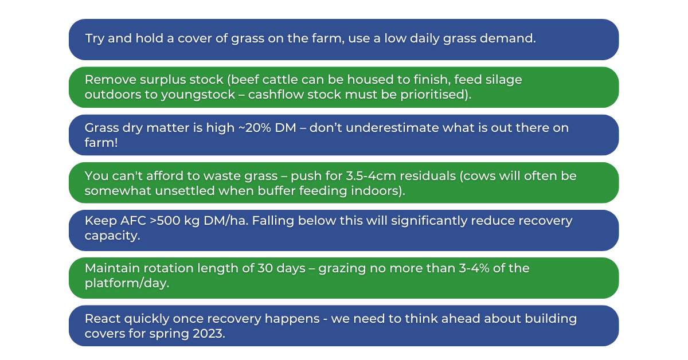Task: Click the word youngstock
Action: (198, 95)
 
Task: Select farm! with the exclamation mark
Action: (101, 143)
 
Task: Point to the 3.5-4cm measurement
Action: (371, 176)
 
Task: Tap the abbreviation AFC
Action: (102, 221)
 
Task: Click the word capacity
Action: (112, 236)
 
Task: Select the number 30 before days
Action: (265, 268)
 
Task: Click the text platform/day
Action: (127, 284)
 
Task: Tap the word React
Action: (103, 319)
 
